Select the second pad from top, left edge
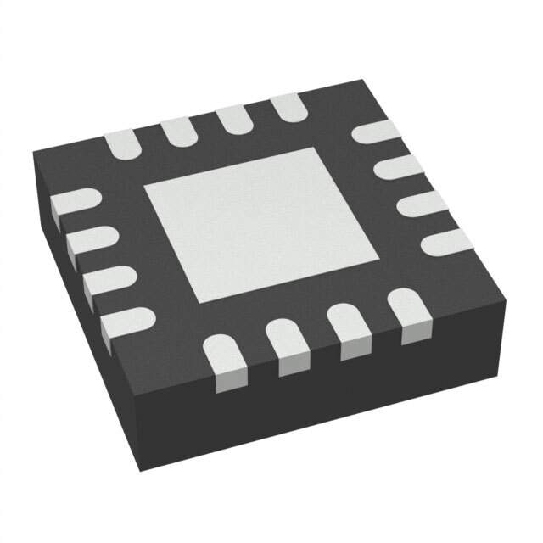(x=90, y=239)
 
